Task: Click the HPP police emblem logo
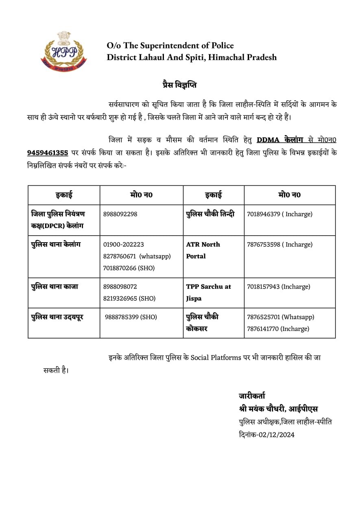pos(64,52)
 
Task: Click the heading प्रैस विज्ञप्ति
pos(179,85)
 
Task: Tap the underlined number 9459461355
pos(47,153)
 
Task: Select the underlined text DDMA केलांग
pos(280,140)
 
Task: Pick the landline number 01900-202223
pos(124,245)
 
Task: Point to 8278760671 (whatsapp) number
pos(137,256)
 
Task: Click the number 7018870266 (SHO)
pos(129,268)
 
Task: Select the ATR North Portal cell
pos(203,250)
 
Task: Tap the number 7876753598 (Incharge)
pos(279,245)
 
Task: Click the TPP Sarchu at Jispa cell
pos(208,292)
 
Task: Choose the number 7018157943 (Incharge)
pos(278,287)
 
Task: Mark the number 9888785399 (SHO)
pos(131,317)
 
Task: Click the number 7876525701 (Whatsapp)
pos(280,317)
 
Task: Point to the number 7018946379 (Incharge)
pos(279,214)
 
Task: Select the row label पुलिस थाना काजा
pos(55,287)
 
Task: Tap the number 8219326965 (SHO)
pos(129,298)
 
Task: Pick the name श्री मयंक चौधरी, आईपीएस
pos(278,409)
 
